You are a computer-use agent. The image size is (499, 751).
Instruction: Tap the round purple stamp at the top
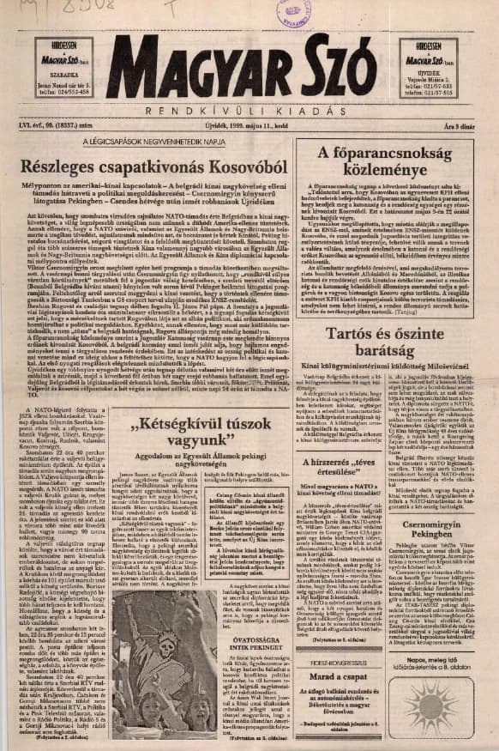tap(294, 12)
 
